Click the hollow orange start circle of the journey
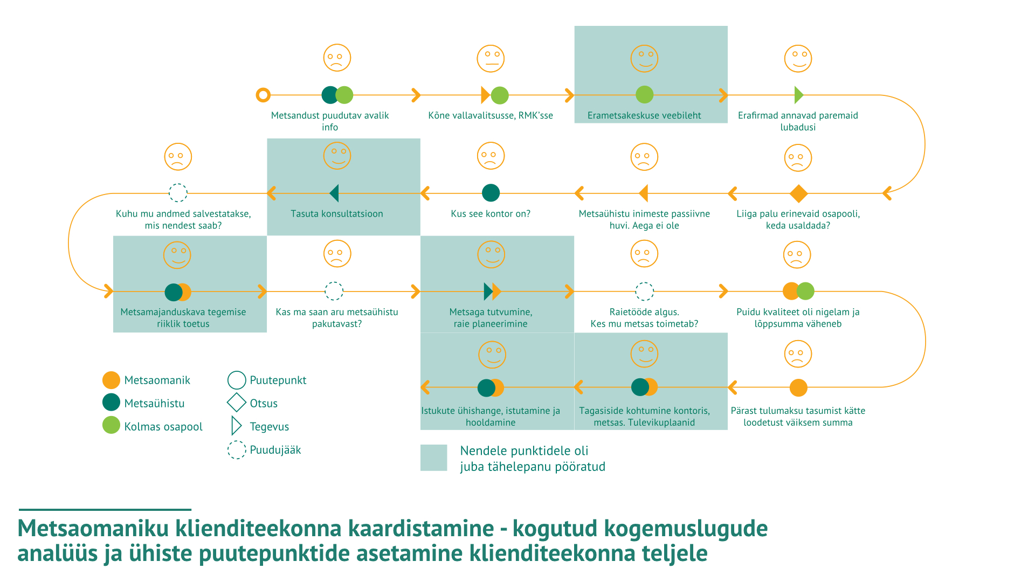263,95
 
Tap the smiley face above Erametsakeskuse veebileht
644,58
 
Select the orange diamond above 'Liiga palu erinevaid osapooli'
798,193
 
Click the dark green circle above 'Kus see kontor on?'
491,193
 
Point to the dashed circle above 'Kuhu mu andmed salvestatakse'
178,193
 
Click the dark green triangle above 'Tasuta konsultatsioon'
334,193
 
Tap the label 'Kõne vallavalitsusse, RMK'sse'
491,115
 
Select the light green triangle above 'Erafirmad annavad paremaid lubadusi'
798,95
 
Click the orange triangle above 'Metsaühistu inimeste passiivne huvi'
643,193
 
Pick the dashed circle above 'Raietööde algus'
644,292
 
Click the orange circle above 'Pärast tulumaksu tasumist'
798,387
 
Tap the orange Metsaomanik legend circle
111,380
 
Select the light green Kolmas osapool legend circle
111,425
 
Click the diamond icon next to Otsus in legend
236,403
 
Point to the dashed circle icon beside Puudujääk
236,449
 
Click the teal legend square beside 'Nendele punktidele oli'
433,458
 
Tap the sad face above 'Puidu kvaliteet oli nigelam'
797,255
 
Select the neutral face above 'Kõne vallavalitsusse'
491,58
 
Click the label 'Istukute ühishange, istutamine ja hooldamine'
491,417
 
